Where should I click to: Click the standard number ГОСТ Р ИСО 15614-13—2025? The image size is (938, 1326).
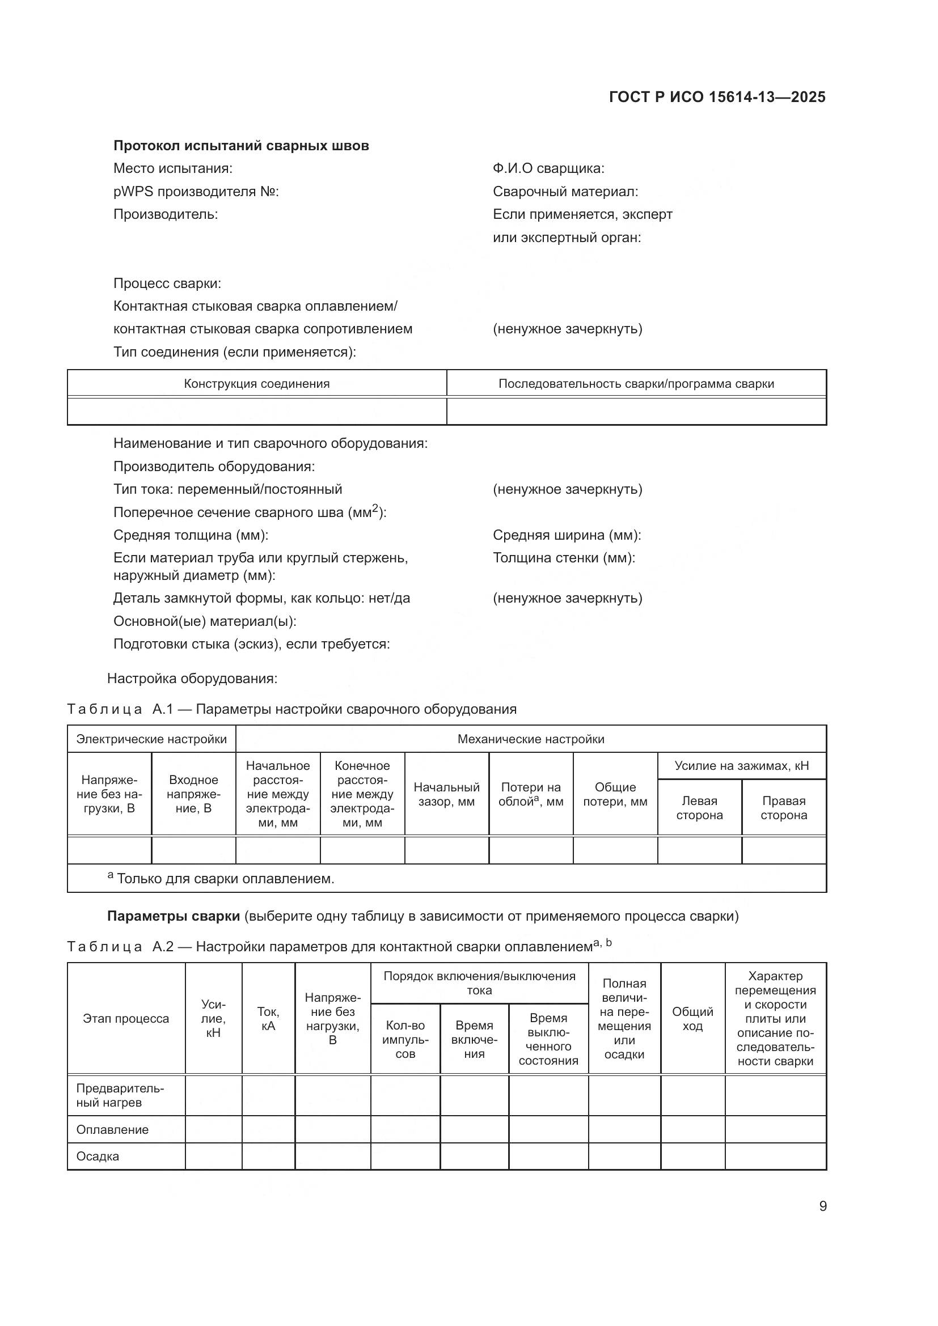717,97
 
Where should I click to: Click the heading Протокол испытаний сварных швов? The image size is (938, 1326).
241,146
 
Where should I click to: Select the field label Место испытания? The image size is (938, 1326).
173,168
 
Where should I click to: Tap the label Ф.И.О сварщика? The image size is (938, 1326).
548,168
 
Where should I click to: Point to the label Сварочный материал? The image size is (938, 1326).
565,192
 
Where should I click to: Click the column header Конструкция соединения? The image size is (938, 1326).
256,384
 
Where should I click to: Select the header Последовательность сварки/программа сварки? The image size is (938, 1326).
636,384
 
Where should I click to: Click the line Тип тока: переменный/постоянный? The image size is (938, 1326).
227,489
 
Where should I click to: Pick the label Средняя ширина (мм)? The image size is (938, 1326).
567,535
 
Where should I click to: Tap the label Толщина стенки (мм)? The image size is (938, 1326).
564,558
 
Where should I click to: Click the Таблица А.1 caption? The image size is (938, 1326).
291,709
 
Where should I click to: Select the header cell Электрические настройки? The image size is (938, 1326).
151,739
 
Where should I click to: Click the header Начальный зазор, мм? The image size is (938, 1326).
446,794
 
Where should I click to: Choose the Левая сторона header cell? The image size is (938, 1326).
699,807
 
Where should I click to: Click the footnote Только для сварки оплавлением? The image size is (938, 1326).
225,879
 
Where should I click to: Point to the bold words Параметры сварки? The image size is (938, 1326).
174,917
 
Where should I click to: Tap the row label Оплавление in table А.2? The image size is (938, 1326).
113,1130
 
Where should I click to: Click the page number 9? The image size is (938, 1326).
823,1206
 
